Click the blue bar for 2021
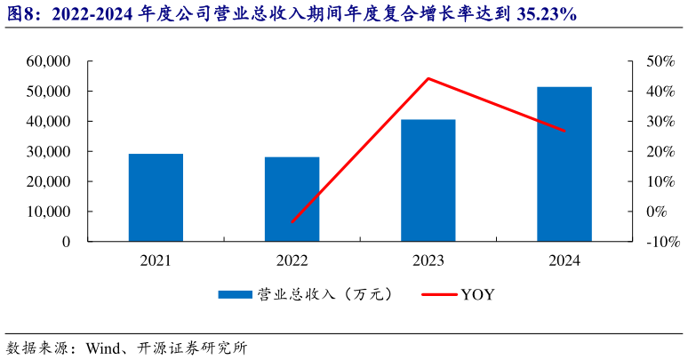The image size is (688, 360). click(x=156, y=197)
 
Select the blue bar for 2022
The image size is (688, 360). click(x=292, y=199)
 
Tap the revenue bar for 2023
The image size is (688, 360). click(x=428, y=180)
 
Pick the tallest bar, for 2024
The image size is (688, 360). click(x=564, y=164)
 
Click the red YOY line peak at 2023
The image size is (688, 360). click(x=428, y=78)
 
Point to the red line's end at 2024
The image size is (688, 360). click(x=564, y=132)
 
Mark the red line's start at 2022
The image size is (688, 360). click(x=292, y=222)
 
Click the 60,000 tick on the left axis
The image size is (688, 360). click(x=49, y=61)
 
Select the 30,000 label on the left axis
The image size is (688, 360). click(x=49, y=151)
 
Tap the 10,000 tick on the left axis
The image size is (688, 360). click(x=49, y=212)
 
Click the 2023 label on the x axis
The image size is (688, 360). click(x=428, y=260)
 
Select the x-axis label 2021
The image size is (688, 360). click(x=156, y=260)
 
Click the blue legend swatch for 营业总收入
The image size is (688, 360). click(x=235, y=294)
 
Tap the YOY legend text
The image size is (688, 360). click(x=477, y=294)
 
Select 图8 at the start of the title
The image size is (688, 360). click(x=19, y=15)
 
